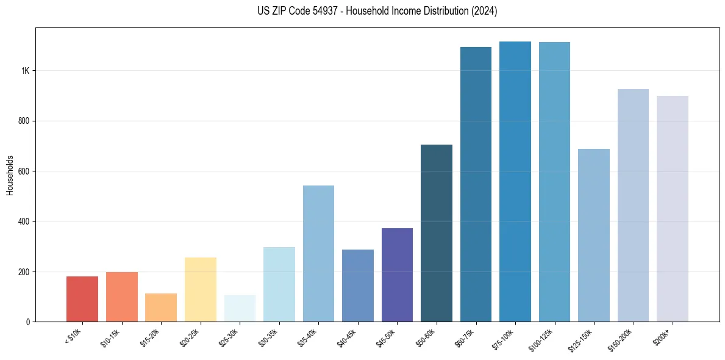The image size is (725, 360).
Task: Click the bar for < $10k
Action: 82,299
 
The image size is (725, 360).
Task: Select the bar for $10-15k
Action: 121,297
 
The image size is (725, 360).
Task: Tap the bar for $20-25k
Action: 200,289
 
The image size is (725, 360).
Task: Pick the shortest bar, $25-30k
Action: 240,308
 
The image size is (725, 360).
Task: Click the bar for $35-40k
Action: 318,253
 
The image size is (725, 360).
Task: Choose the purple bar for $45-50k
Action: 397,275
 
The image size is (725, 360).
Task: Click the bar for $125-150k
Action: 594,235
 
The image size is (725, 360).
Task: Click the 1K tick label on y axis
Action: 26,71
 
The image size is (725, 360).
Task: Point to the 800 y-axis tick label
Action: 24,121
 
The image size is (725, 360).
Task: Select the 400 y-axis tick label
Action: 24,221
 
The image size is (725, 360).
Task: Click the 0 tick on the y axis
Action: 28,322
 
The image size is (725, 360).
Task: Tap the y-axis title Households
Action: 10,175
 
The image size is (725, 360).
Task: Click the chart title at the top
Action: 377,11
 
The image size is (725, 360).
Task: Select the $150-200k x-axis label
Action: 620,339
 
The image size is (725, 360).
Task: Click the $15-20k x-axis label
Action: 149,337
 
